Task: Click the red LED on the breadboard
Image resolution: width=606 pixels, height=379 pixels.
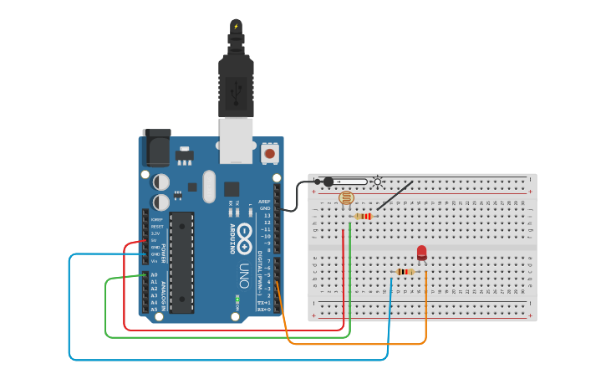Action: tap(421, 253)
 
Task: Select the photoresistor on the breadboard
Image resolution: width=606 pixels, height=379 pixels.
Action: tap(346, 198)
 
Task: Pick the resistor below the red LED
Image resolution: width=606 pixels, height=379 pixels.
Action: tap(405, 271)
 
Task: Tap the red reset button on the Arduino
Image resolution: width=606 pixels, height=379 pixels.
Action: tap(269, 154)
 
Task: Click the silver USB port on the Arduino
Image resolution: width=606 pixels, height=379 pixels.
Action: tap(236, 140)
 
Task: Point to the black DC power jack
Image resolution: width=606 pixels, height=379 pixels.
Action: tap(156, 148)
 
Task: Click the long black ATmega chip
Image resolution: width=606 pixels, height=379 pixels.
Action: tap(181, 262)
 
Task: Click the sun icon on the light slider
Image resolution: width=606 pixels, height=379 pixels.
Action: tap(378, 182)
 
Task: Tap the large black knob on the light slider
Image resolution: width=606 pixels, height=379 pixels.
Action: tap(328, 182)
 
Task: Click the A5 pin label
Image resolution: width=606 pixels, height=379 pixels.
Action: tap(153, 309)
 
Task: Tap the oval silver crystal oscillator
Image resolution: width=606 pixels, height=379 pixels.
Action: tap(208, 186)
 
